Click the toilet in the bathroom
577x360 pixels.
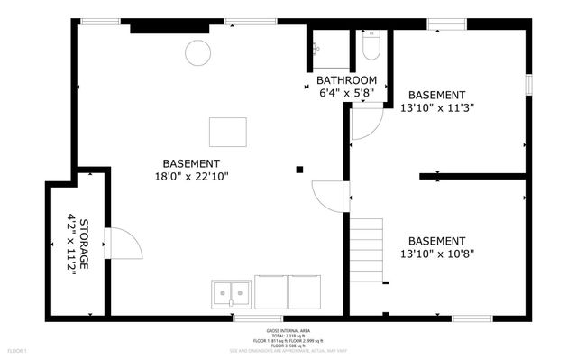pos(371,44)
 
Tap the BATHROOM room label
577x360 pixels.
pos(347,80)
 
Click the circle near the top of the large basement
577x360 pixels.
pos(197,53)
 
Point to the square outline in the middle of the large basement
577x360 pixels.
pos(227,132)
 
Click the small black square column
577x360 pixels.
pos(300,168)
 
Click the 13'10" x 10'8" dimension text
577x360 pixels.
pos(436,254)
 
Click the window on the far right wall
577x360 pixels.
pos(529,84)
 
